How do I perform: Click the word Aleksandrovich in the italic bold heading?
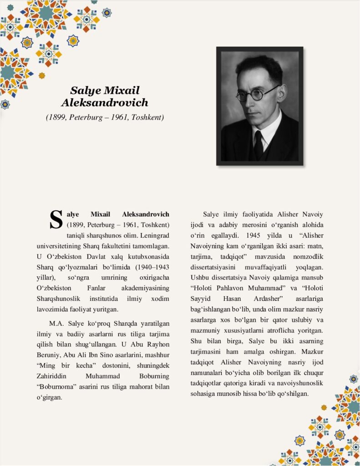[105, 103]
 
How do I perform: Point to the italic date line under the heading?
[105, 117]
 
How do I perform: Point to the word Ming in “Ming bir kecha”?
[47, 366]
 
